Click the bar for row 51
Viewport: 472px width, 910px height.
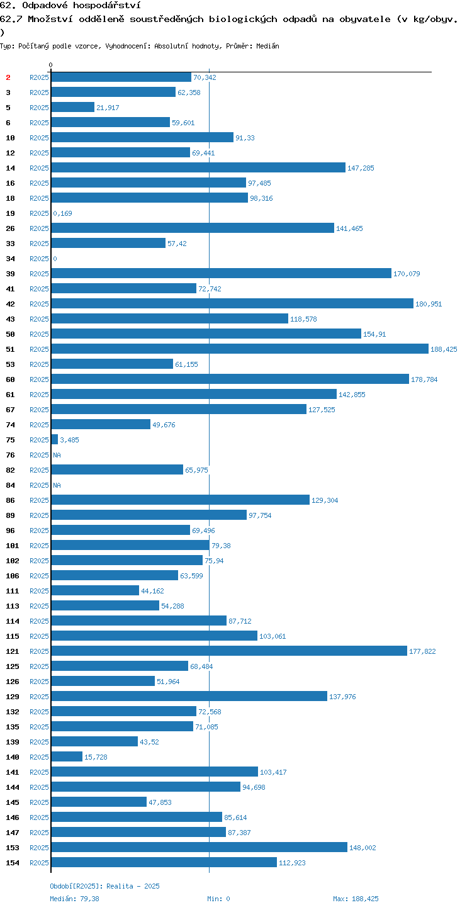click(x=240, y=349)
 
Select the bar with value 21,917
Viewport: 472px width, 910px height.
click(x=73, y=107)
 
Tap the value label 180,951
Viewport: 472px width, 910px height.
click(x=429, y=304)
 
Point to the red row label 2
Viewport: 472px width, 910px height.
click(x=8, y=77)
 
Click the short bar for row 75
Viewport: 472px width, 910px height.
click(x=54, y=439)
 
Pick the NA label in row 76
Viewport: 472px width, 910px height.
click(x=57, y=455)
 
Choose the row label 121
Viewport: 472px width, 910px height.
click(x=13, y=651)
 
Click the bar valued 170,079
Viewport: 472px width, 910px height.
click(x=222, y=273)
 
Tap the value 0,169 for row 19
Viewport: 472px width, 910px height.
click(x=62, y=213)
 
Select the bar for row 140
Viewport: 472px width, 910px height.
click(x=67, y=756)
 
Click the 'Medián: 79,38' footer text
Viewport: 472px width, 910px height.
click(x=74, y=899)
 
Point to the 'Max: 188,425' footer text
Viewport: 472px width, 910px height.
click(x=356, y=899)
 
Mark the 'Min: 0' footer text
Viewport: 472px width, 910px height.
click(x=218, y=899)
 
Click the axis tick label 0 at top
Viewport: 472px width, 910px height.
click(x=51, y=65)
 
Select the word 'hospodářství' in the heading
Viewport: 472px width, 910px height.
click(x=107, y=5)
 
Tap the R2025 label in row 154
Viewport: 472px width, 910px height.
click(x=39, y=862)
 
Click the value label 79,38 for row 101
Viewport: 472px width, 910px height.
click(x=221, y=546)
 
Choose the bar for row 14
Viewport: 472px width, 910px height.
click(x=198, y=167)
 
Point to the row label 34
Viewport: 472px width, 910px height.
click(x=10, y=259)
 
